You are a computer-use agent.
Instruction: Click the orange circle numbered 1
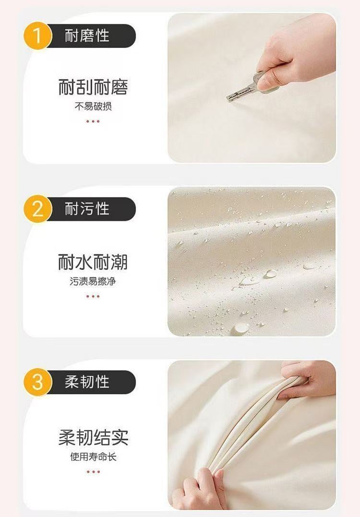37,36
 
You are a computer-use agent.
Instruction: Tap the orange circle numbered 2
37,209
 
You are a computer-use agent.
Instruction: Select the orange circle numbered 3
37,382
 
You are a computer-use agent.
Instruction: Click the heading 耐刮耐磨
93,87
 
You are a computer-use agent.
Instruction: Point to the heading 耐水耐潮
93,262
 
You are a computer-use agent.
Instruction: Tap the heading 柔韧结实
93,437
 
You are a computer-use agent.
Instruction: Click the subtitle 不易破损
93,106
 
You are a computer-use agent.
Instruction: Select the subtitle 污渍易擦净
93,281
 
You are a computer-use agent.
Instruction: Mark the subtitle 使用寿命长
93,457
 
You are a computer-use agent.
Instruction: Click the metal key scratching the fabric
246,87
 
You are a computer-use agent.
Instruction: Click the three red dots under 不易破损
93,121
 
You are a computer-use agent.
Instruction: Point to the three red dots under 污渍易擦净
93,296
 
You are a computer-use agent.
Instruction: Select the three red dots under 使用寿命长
93,472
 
